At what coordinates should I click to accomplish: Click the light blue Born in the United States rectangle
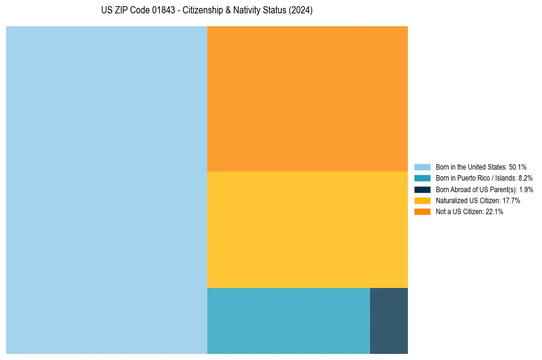pyautogui.click(x=107, y=190)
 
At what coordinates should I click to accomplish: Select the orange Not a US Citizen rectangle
pyautogui.click(x=307, y=99)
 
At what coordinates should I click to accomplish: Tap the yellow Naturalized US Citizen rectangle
pyautogui.click(x=307, y=229)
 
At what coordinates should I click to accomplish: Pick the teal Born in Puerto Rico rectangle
pyautogui.click(x=288, y=320)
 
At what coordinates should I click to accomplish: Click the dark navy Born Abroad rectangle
pyautogui.click(x=388, y=320)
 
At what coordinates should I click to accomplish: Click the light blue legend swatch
pyautogui.click(x=422, y=167)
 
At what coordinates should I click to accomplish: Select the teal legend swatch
pyautogui.click(x=422, y=178)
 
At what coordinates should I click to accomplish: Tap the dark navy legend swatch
pyautogui.click(x=422, y=189)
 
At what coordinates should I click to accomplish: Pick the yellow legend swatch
pyautogui.click(x=422, y=201)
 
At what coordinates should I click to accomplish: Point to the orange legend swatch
pyautogui.click(x=422, y=212)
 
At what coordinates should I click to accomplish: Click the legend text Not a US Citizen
pyautogui.click(x=460, y=212)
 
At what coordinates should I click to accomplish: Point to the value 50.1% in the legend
pyautogui.click(x=518, y=167)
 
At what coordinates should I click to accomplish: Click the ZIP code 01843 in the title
pyautogui.click(x=153, y=11)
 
